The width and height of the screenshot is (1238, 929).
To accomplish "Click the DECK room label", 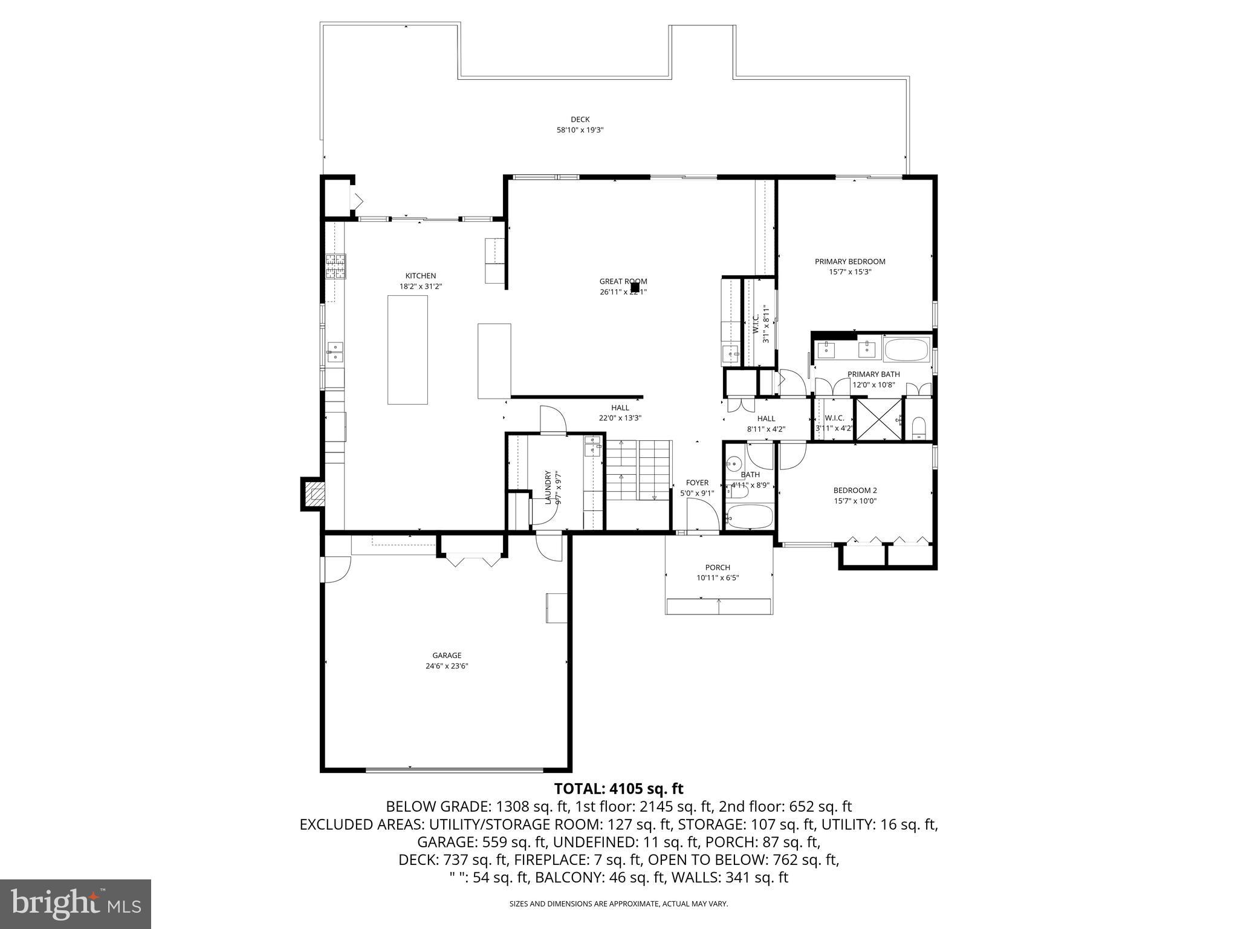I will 580,119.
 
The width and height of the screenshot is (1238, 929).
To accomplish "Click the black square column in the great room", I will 635,287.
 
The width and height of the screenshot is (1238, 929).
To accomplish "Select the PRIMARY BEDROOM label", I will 849,261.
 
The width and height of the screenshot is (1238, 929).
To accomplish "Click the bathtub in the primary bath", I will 906,350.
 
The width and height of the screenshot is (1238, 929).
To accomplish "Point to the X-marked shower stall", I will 878,419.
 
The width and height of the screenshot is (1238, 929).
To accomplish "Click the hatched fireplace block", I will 314,494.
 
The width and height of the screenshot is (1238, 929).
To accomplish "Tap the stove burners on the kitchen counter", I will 335,266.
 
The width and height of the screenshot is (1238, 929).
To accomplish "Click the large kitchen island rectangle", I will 407,350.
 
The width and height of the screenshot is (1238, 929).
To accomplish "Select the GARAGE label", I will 447,655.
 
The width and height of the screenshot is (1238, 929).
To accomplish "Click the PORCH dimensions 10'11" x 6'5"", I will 718,578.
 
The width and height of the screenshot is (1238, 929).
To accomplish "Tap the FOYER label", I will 697,483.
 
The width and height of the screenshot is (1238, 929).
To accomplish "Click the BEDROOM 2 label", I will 855,491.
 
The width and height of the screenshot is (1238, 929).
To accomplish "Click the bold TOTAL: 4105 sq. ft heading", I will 618,789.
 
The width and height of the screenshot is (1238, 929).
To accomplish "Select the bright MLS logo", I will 76,904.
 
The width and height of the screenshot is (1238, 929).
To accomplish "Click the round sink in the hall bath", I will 734,464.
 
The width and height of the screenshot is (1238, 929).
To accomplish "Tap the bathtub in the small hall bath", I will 750,517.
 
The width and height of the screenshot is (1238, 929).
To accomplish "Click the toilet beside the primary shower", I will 918,427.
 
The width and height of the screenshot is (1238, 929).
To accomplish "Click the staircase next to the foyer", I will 638,470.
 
